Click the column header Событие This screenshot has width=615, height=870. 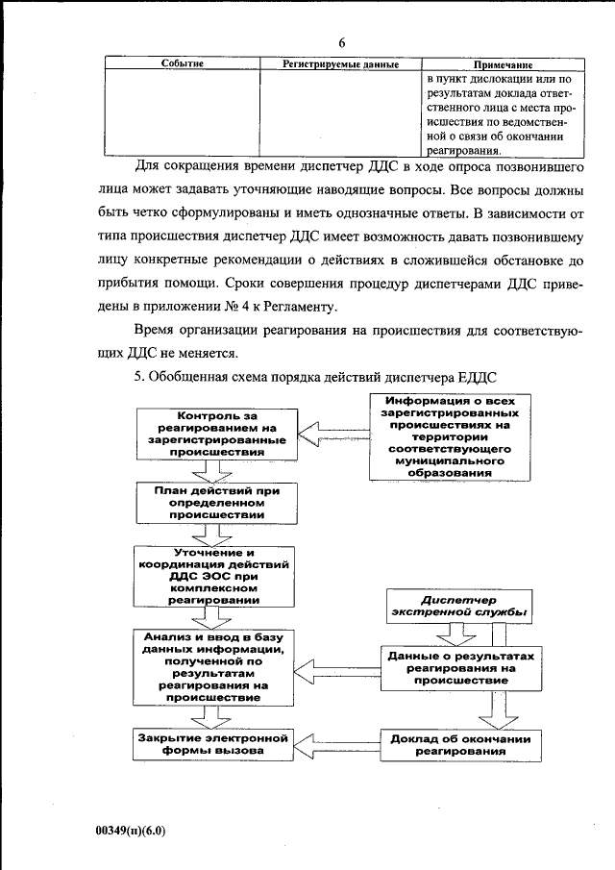tap(181, 63)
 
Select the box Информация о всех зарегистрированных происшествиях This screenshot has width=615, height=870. tap(445, 436)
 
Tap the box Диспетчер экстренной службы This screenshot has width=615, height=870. tap(461, 604)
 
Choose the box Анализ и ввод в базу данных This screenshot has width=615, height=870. tap(214, 667)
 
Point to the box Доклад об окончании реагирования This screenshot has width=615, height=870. tap(460, 745)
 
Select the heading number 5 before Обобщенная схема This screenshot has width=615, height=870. tap(138, 376)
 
